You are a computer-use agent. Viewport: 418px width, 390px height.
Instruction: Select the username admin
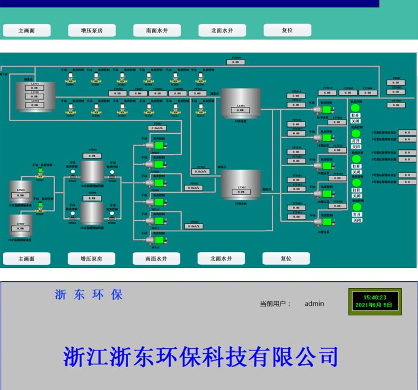[x=314, y=304]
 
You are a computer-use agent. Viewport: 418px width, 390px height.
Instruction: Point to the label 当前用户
[x=275, y=304]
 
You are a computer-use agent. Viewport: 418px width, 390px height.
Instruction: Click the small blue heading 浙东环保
[x=89, y=295]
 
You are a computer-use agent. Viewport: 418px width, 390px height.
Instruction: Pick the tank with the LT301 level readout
[x=241, y=103]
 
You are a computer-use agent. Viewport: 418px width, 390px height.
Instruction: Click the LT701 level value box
[x=35, y=87]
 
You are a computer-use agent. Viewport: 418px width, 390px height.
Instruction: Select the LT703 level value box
[x=35, y=105]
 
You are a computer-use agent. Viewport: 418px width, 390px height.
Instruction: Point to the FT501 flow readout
[x=158, y=128]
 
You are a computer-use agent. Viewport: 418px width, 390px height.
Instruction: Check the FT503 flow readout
[x=195, y=226]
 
